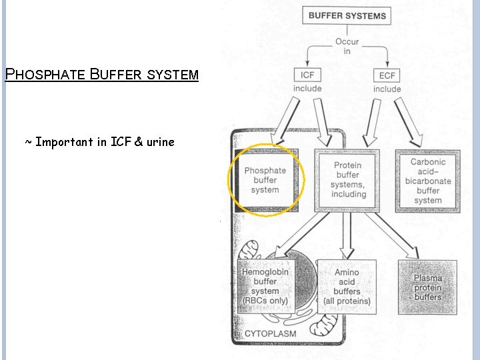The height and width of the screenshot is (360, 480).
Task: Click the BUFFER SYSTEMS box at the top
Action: [347, 15]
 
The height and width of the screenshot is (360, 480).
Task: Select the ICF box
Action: [307, 75]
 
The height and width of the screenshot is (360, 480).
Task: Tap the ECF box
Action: [387, 75]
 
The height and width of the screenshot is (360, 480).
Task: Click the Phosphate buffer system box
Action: [265, 180]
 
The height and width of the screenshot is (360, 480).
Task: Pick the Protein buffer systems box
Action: [347, 179]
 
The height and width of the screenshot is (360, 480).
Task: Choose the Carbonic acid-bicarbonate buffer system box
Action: [427, 181]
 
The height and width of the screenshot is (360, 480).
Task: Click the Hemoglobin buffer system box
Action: [265, 287]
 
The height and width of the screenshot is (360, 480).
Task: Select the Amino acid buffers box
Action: [347, 287]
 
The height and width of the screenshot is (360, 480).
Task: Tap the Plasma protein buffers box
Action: [427, 287]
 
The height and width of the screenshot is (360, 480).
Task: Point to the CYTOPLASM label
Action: [271, 333]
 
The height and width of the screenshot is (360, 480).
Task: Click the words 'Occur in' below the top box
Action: [347, 46]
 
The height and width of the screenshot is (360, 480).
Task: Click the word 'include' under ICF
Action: [307, 89]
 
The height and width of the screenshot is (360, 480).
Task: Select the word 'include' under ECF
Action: [387, 89]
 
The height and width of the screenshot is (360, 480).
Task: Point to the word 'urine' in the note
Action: [160, 141]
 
